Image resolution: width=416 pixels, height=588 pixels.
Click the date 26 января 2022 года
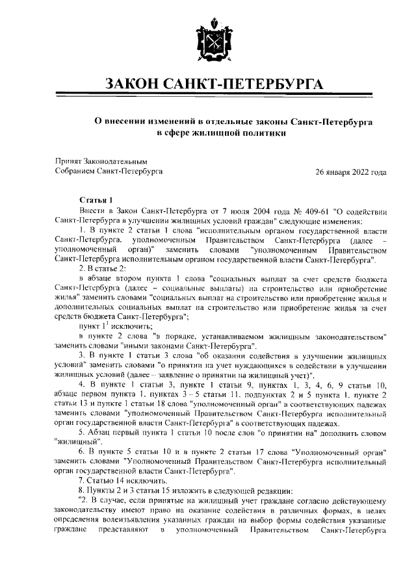[x=350, y=172]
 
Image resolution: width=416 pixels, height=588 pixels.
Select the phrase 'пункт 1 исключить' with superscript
[x=106, y=326]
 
